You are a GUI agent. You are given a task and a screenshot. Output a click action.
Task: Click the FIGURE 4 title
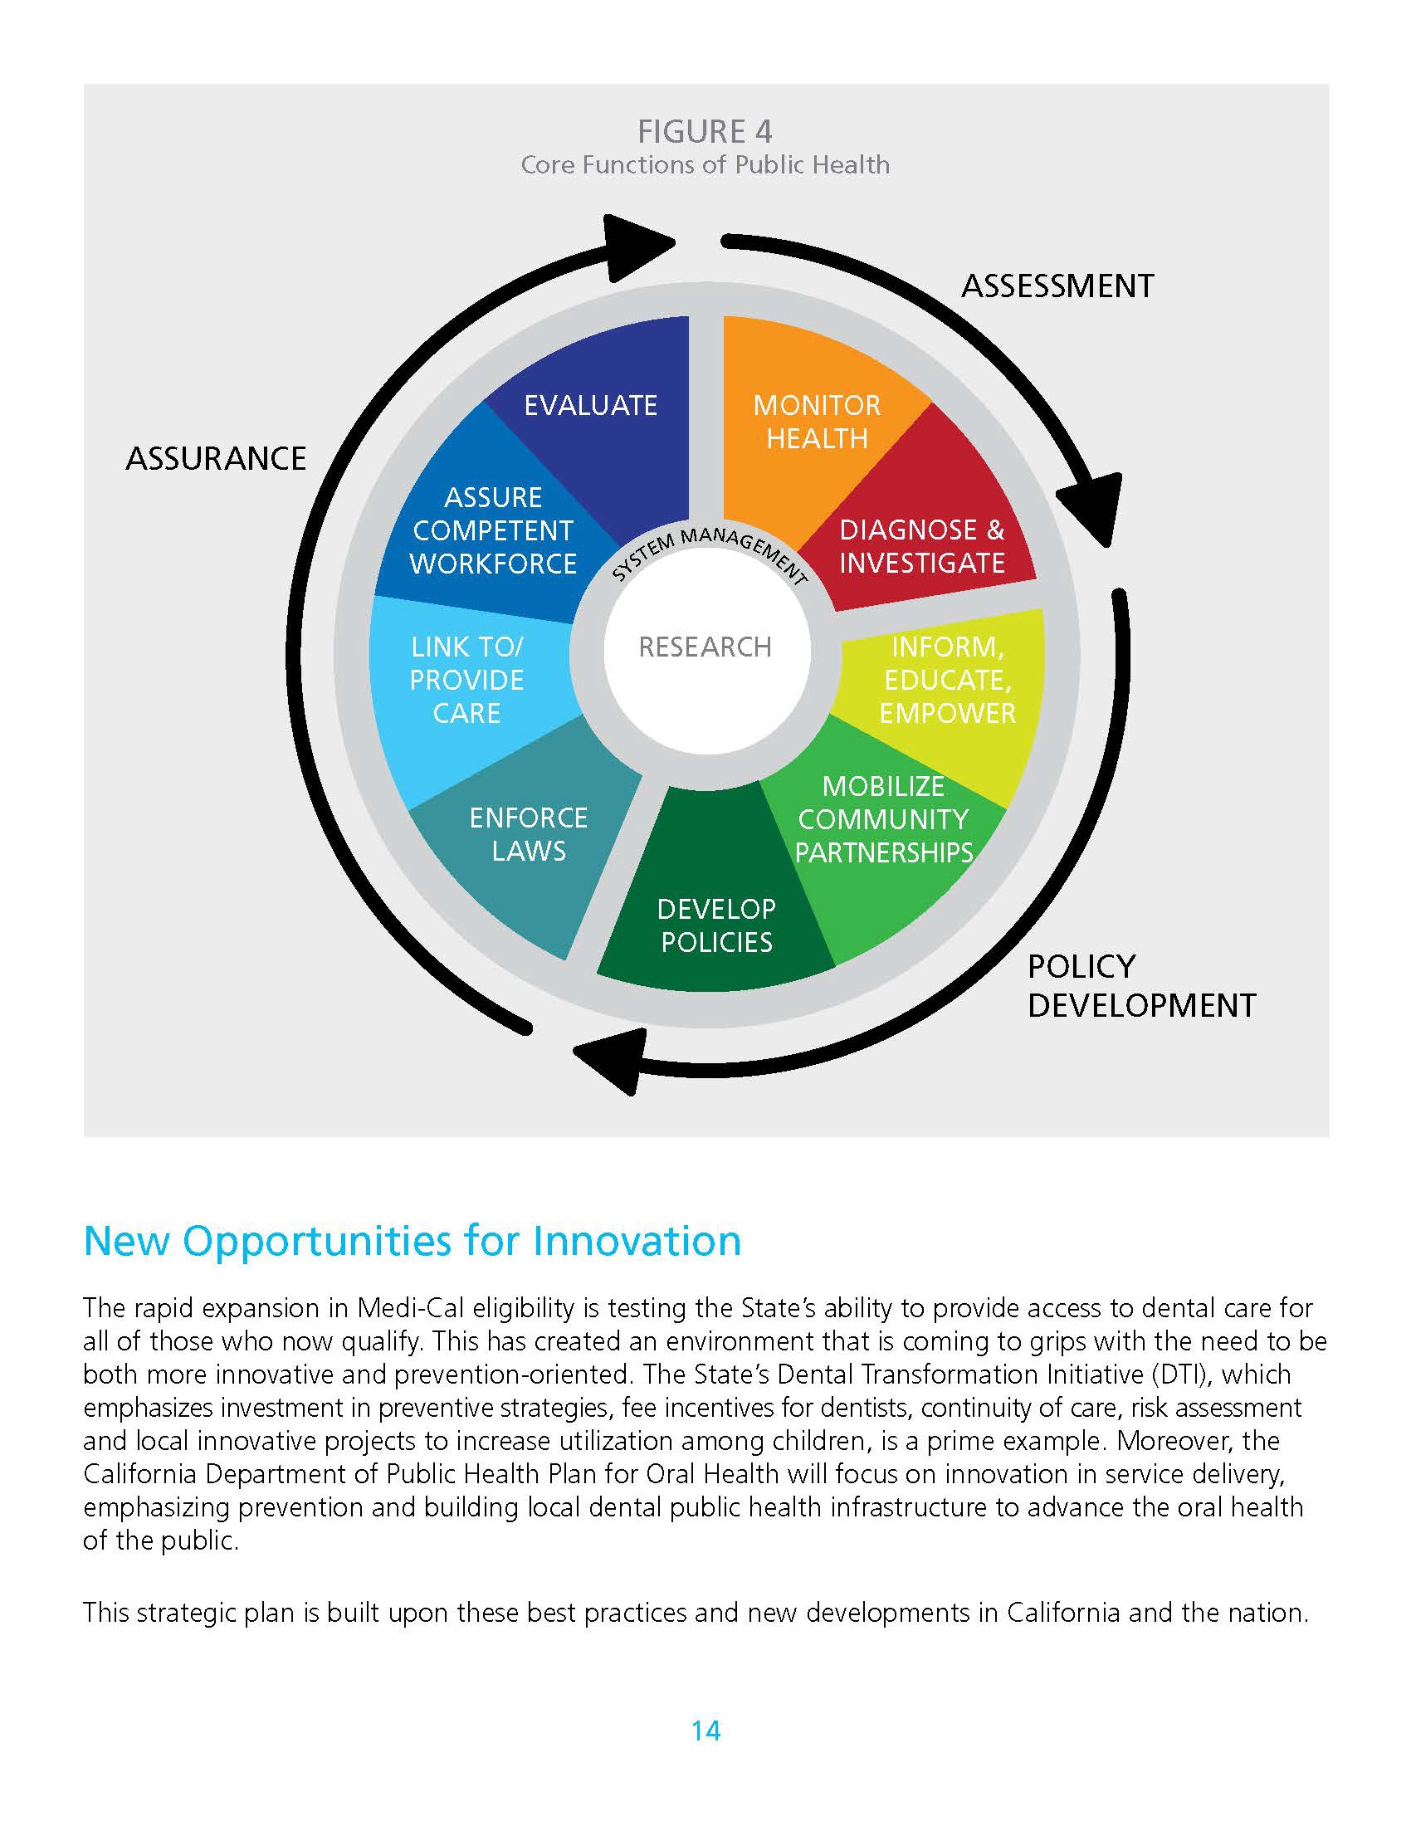(705, 131)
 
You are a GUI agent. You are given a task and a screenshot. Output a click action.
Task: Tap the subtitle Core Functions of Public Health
(705, 164)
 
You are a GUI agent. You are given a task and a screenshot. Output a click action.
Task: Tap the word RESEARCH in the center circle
(705, 647)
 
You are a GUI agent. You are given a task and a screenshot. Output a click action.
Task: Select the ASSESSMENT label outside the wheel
(1057, 286)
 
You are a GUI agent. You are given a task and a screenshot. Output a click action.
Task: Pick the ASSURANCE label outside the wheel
(217, 458)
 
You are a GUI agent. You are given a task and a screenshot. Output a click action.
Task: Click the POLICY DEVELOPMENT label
(1141, 987)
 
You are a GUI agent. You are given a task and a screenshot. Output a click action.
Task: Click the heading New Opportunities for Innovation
(413, 1241)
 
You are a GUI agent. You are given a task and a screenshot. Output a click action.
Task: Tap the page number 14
(705, 1731)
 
